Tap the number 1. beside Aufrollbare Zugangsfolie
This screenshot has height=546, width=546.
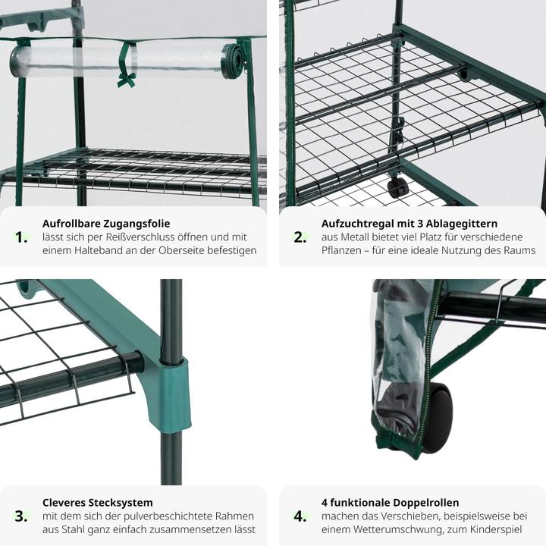pos(21,237)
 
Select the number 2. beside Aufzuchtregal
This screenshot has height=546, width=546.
pos(300,237)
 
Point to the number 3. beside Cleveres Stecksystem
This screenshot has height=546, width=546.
pos(21,516)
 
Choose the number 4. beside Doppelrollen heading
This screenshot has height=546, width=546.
pos(300,516)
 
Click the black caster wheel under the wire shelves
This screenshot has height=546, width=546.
pos(397,187)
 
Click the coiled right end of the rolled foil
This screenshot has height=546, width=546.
pos(234,61)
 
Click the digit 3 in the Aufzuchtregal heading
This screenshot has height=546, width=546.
pos(419,224)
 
